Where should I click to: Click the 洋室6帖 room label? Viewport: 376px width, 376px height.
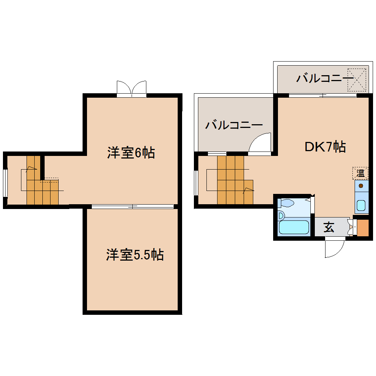pos(131,152)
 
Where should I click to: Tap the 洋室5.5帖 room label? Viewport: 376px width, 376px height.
pos(135,255)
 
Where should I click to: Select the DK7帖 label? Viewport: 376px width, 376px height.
pos(325,147)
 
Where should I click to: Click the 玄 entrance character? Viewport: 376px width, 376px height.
pos(329,227)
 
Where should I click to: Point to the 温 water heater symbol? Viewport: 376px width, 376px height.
pos(360,173)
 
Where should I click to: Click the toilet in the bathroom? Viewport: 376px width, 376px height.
pos(287,203)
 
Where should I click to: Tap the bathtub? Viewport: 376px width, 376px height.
pos(294,227)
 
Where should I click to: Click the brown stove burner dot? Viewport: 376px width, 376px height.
pos(361,185)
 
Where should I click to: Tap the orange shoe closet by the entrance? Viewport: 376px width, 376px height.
pos(363,228)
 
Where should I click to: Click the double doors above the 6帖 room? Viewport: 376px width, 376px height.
pos(132,88)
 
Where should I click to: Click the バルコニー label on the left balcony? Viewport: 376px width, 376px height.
pos(234,125)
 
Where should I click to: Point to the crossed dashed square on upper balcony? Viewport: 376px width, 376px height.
pos(357,79)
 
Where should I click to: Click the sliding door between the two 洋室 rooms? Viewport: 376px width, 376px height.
pos(133,206)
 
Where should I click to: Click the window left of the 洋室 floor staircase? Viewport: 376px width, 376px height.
pos(5,182)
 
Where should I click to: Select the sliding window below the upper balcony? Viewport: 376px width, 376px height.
pos(323,95)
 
